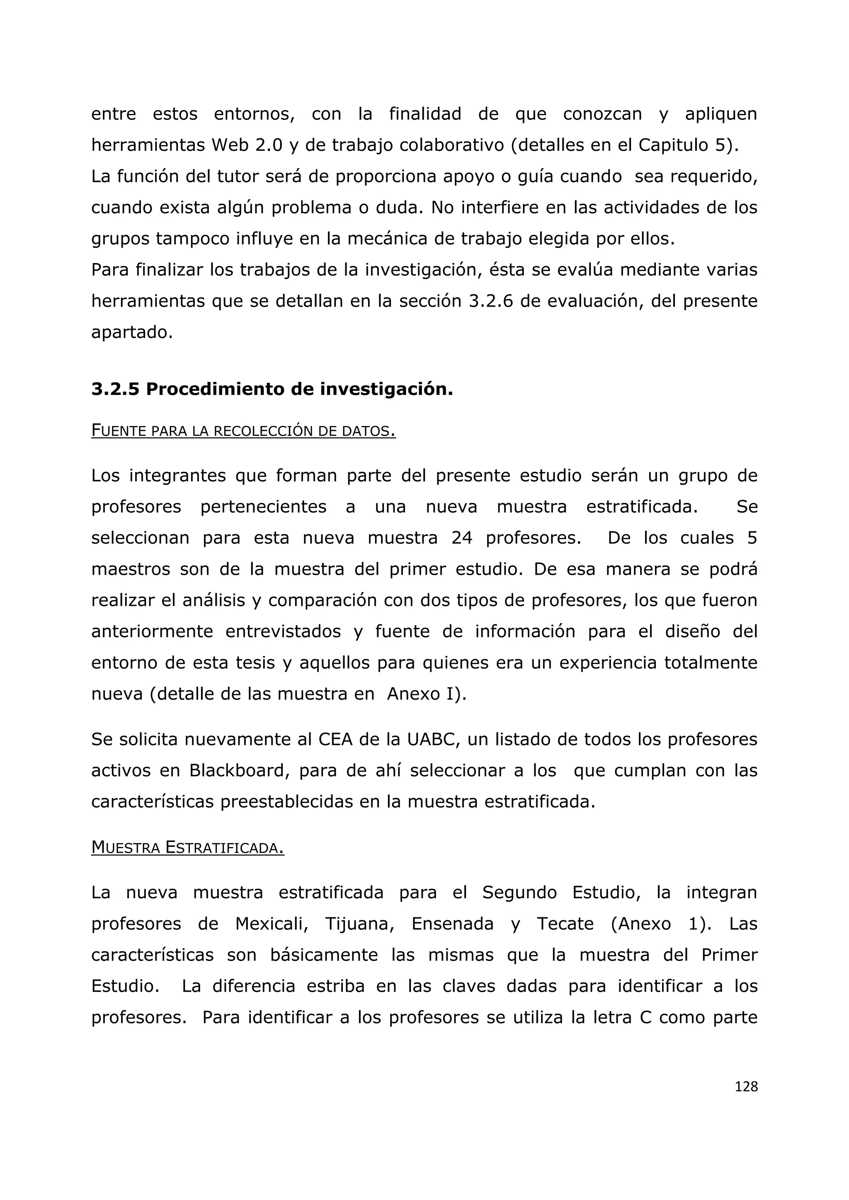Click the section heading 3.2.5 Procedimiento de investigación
pyautogui.click(x=272, y=390)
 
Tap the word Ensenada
pyautogui.click(x=452, y=924)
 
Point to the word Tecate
pyautogui.click(x=565, y=924)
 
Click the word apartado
pyautogui.click(x=132, y=333)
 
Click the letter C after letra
pyautogui.click(x=645, y=1018)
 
